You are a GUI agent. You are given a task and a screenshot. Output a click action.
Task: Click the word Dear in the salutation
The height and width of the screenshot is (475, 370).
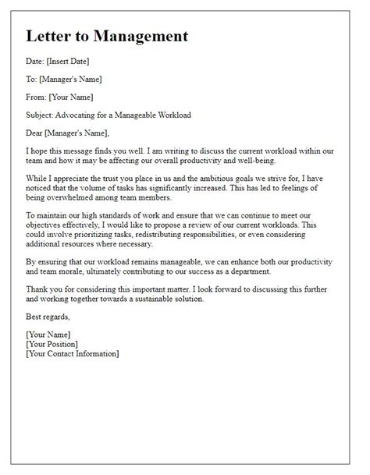click(x=37, y=133)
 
